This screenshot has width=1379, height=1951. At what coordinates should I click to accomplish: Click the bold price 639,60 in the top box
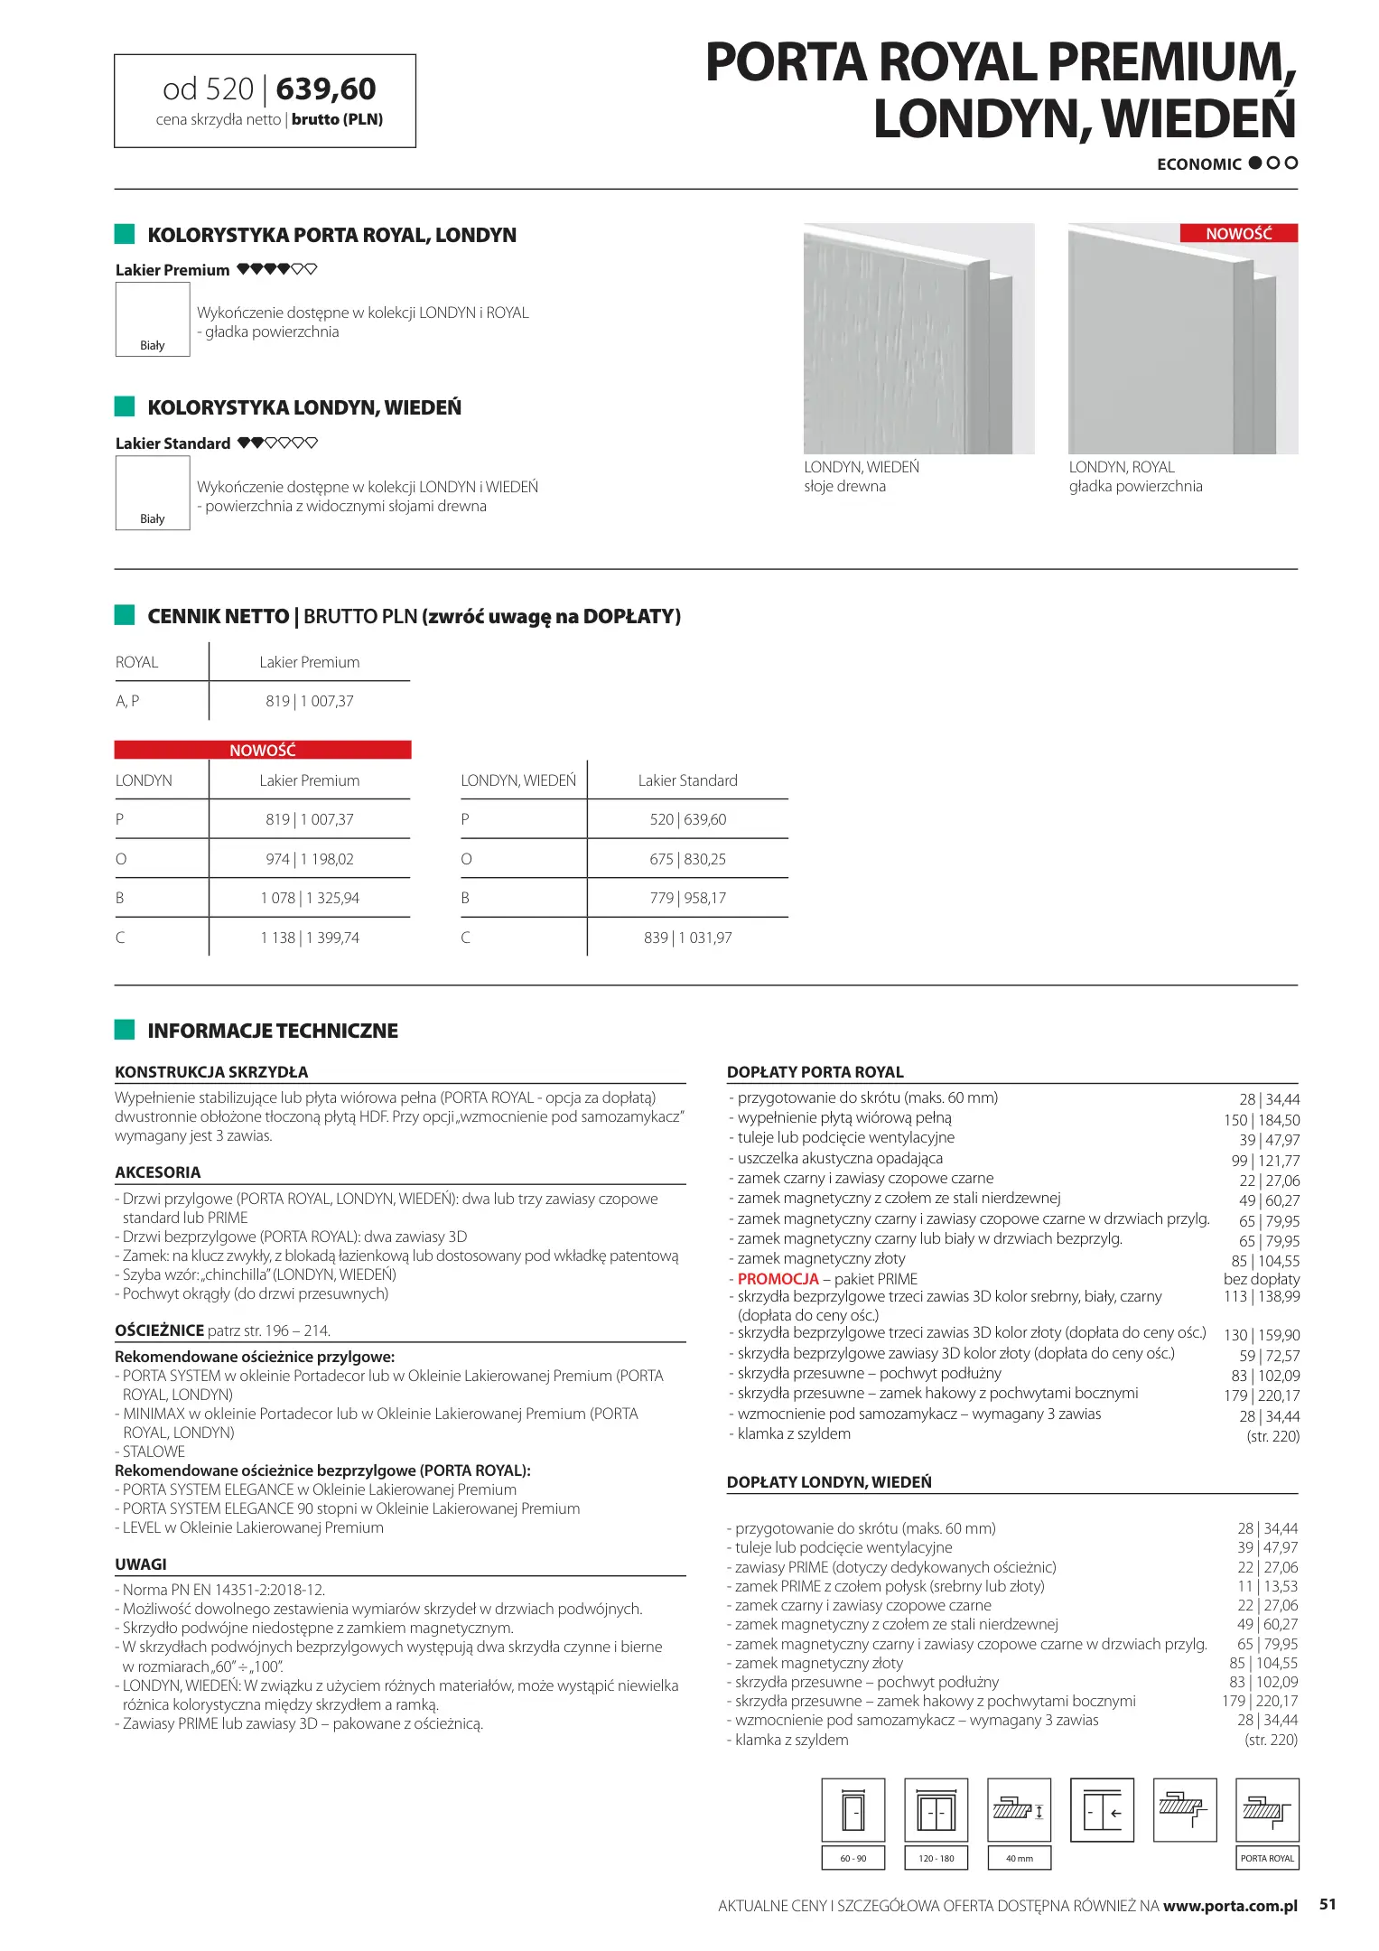point(326,89)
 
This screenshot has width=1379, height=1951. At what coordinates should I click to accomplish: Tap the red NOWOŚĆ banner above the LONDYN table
point(263,750)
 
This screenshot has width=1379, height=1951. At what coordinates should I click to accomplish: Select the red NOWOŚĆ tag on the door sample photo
point(1238,233)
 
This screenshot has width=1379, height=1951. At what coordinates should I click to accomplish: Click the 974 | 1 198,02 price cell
point(310,859)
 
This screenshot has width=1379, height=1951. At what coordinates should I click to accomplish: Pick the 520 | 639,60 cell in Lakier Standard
point(687,819)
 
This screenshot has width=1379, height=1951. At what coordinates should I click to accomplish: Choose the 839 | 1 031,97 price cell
point(687,938)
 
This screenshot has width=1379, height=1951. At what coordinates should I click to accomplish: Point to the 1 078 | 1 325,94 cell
point(310,898)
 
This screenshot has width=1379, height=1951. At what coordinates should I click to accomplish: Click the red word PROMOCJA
point(778,1279)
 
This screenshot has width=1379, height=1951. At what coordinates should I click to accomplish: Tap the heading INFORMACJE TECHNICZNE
point(273,1031)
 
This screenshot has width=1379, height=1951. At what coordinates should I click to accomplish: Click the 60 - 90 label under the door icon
point(853,1858)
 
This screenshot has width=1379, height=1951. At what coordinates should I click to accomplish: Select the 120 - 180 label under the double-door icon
point(936,1858)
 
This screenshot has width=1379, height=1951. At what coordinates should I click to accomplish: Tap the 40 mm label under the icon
point(1019,1858)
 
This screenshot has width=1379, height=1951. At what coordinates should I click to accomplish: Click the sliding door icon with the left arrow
point(1102,1810)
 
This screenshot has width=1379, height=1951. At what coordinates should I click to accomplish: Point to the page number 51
point(1327,1904)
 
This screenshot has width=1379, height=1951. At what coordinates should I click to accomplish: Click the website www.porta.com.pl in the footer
point(1230,1906)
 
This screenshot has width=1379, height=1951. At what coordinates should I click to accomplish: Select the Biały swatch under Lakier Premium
point(153,319)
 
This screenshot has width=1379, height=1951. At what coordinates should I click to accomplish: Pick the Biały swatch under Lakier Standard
point(153,492)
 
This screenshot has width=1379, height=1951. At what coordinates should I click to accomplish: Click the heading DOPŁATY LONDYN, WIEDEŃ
point(829,1482)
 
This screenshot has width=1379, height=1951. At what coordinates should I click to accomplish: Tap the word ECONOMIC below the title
point(1198,164)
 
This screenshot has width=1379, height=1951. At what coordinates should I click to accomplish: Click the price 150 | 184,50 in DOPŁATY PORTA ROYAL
point(1262,1120)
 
